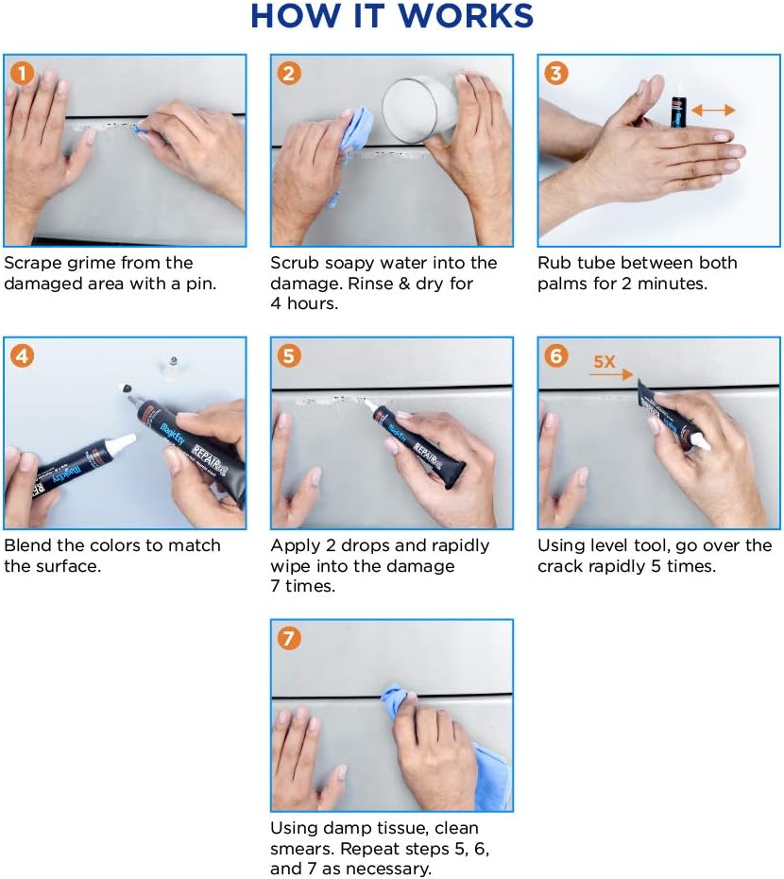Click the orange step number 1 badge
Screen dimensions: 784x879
click(22, 74)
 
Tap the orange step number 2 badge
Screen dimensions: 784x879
click(289, 74)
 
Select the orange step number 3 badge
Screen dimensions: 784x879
click(556, 74)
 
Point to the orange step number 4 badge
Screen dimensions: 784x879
click(22, 356)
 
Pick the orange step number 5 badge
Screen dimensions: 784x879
click(289, 356)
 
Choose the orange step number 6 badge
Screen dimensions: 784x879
click(556, 356)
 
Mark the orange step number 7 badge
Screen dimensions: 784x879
click(289, 639)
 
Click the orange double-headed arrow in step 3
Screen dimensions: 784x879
click(713, 110)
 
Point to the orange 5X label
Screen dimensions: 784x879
click(605, 362)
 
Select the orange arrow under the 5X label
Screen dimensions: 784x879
click(611, 374)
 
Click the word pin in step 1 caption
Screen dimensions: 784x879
click(200, 284)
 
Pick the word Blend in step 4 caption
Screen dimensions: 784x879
click(28, 545)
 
